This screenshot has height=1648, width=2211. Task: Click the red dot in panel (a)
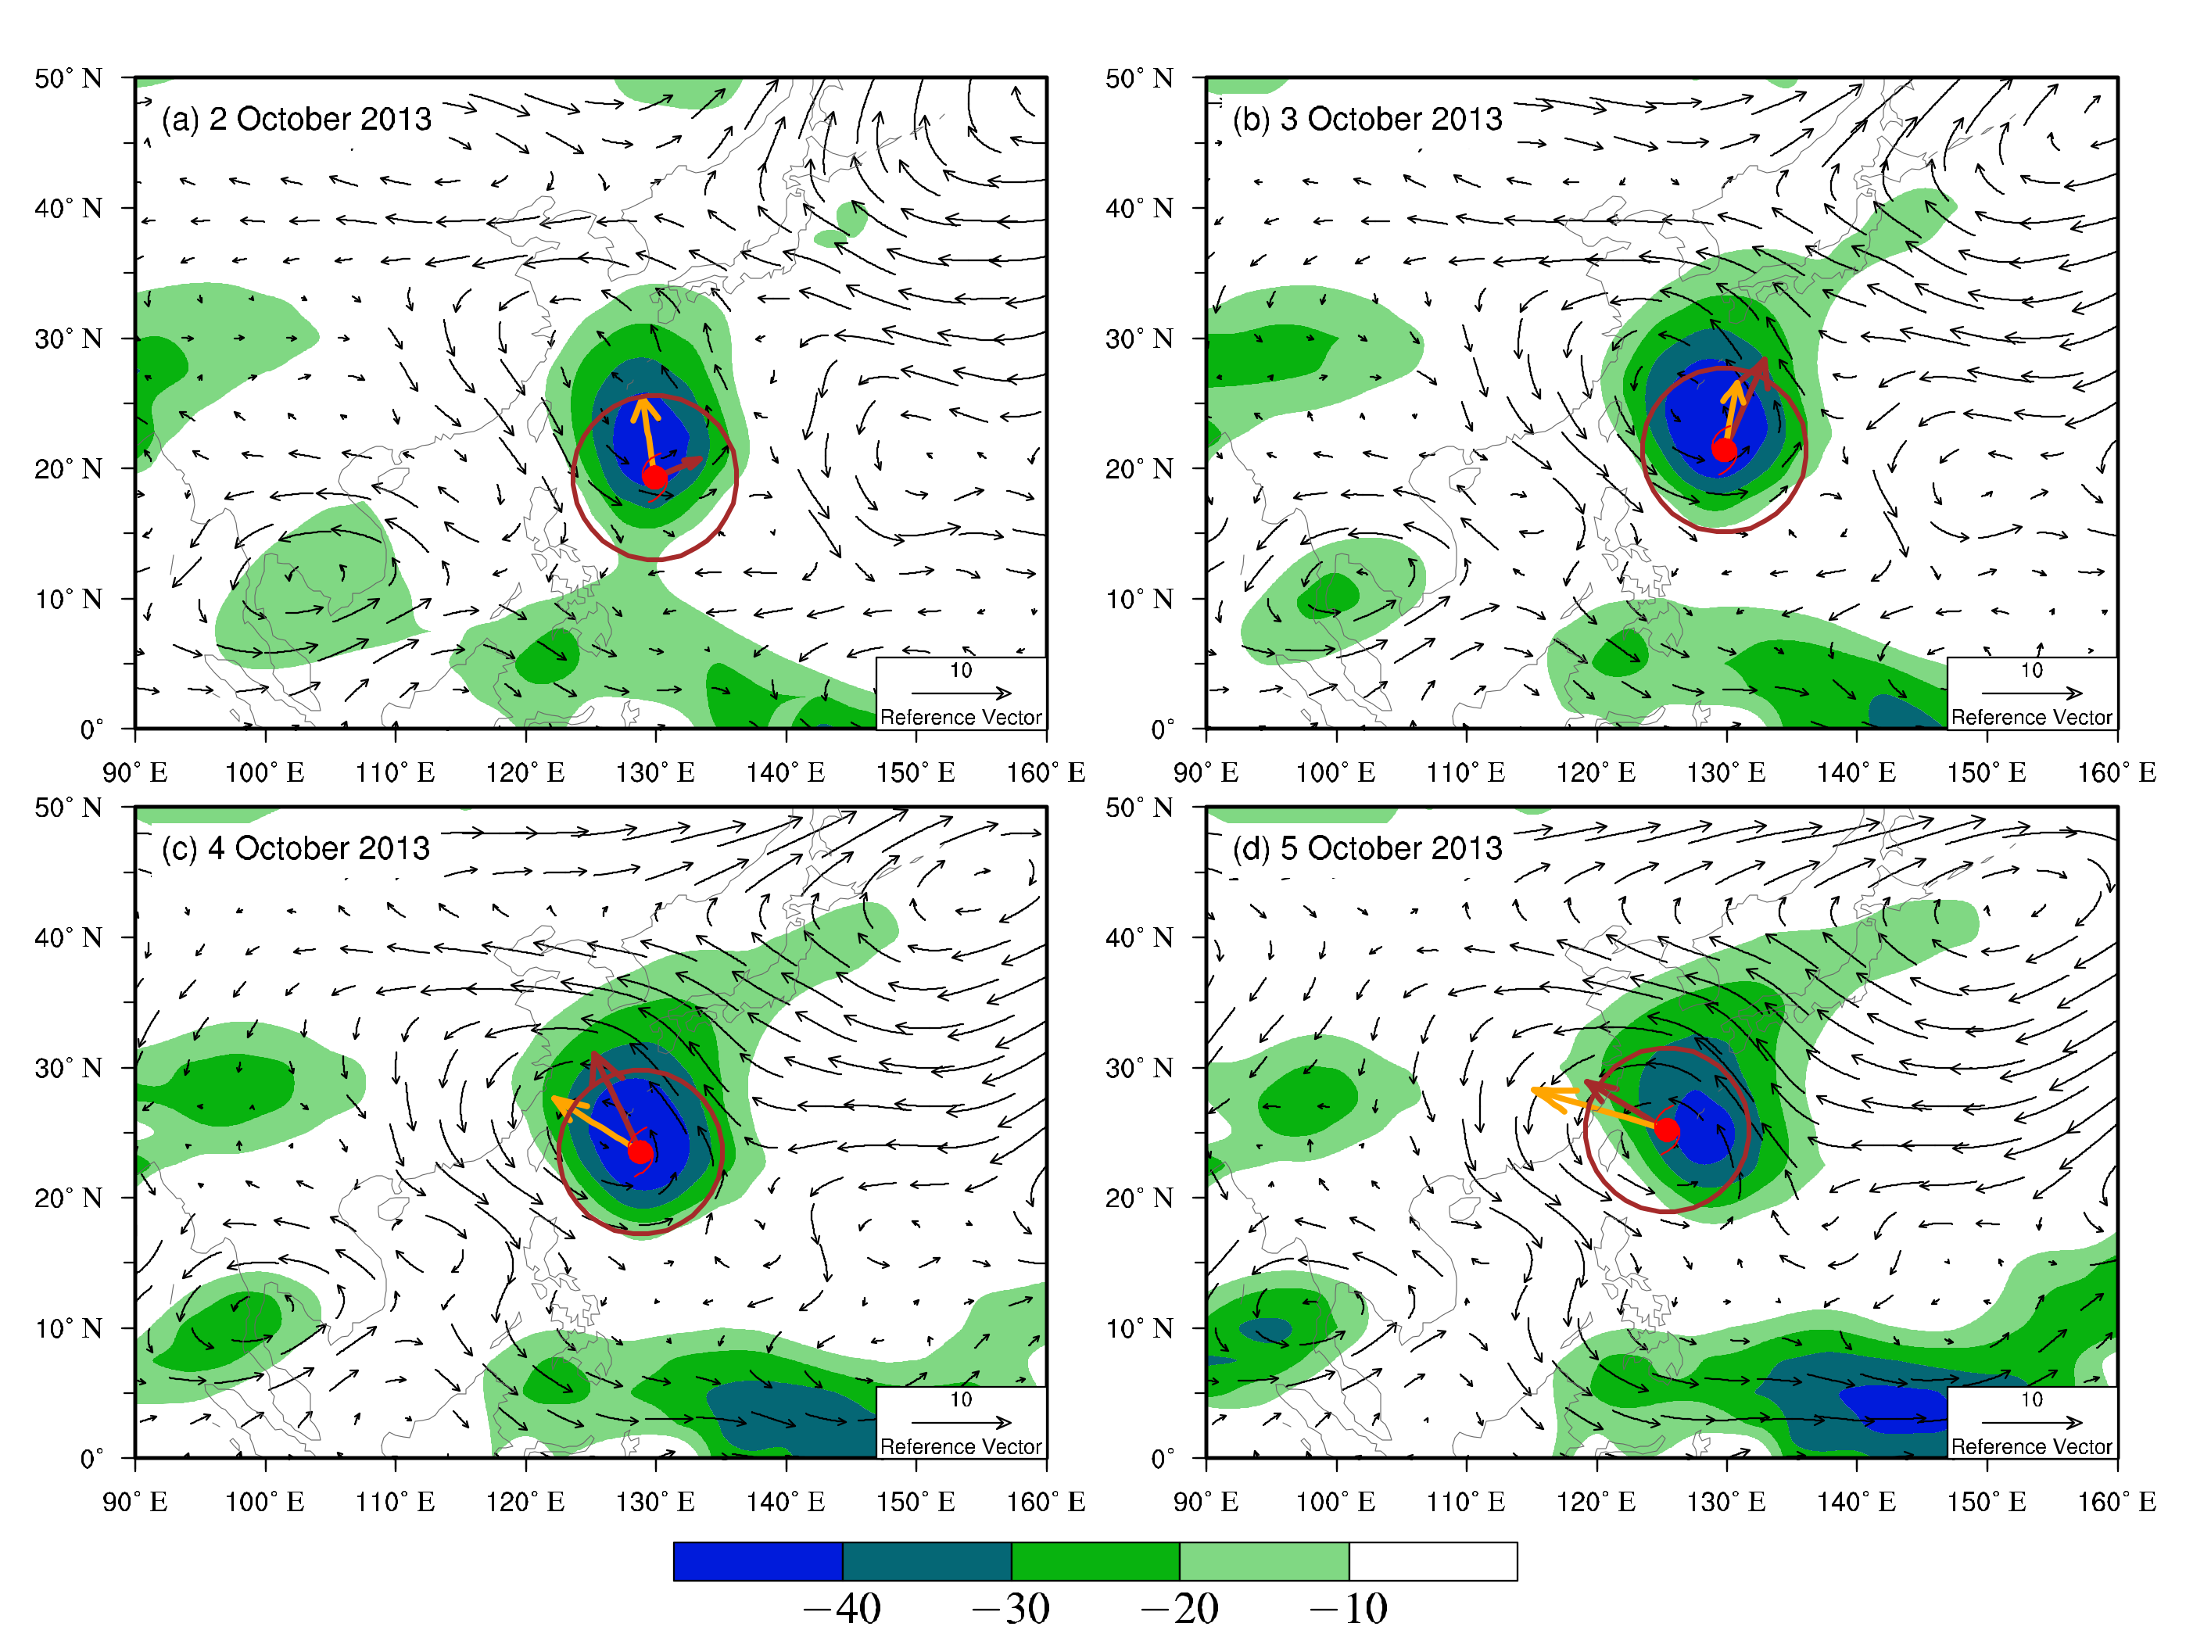(x=654, y=476)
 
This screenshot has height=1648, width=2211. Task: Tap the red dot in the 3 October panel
(x=1723, y=450)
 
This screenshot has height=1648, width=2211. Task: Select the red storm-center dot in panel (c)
(x=640, y=1152)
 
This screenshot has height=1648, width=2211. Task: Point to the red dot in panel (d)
(x=1666, y=1129)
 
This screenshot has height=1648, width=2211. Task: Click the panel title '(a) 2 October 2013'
(x=296, y=119)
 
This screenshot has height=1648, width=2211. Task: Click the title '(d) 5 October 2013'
(x=1366, y=848)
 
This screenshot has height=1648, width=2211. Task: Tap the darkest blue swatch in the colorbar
(x=758, y=1561)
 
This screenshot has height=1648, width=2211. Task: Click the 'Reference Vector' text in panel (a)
(x=960, y=717)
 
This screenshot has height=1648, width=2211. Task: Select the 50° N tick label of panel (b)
(x=1138, y=78)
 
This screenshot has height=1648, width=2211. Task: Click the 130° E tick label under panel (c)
(x=654, y=1501)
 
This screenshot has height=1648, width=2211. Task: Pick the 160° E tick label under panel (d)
(x=2116, y=1501)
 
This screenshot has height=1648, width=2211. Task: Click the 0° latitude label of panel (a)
(x=91, y=729)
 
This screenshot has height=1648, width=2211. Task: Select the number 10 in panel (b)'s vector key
(x=2031, y=670)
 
